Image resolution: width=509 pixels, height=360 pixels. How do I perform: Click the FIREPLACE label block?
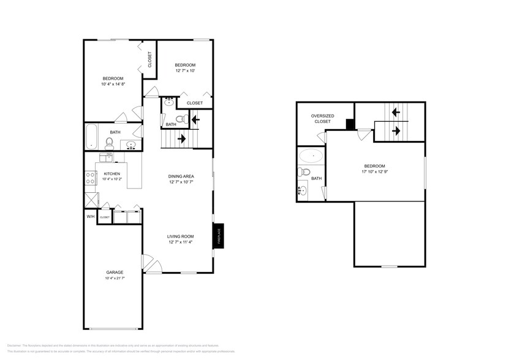coord(217,236)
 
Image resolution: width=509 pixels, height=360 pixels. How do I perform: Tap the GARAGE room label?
coord(115,272)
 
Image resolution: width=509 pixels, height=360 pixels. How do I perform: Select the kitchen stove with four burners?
coord(89,178)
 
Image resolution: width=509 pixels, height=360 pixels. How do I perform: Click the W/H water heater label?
coord(91,216)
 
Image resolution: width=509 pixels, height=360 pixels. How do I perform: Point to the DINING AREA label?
coord(181,176)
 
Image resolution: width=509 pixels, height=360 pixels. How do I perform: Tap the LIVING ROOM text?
coord(181,236)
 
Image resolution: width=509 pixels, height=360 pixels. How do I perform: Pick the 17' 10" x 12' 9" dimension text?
coord(375,172)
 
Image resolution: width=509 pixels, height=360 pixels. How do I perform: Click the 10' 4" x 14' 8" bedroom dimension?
coord(113,84)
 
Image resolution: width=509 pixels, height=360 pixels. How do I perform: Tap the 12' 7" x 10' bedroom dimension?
coord(185,71)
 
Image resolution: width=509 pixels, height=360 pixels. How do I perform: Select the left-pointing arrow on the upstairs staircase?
coord(396,112)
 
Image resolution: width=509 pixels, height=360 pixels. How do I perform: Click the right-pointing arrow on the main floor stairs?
coord(182,139)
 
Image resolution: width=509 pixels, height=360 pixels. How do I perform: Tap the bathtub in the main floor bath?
coord(92,135)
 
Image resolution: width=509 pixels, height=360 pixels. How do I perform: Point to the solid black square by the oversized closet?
coord(350,124)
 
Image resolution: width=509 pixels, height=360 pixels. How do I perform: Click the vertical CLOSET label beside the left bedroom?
coord(149,59)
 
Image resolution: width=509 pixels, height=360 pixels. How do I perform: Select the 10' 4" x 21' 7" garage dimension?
coord(115,279)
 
